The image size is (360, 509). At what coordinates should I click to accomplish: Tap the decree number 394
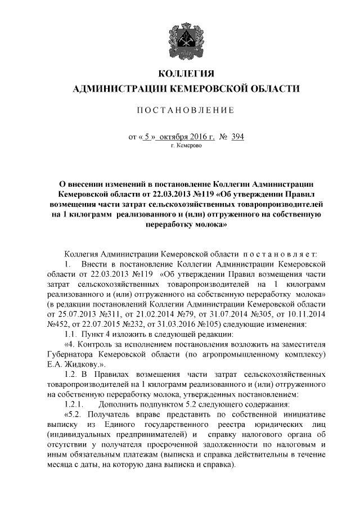tap(237, 137)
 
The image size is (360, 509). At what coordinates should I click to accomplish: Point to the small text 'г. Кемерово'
tap(185, 145)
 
